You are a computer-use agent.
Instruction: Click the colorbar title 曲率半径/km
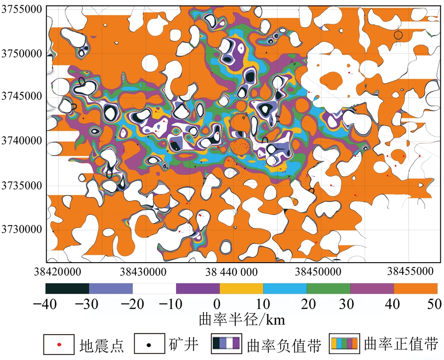[x=242, y=319]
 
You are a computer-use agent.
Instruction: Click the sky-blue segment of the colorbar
[x=285, y=288]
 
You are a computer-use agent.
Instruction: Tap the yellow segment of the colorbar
[x=241, y=288]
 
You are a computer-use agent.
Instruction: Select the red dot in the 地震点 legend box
[x=59, y=345]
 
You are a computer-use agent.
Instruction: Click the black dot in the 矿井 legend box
[x=149, y=345]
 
